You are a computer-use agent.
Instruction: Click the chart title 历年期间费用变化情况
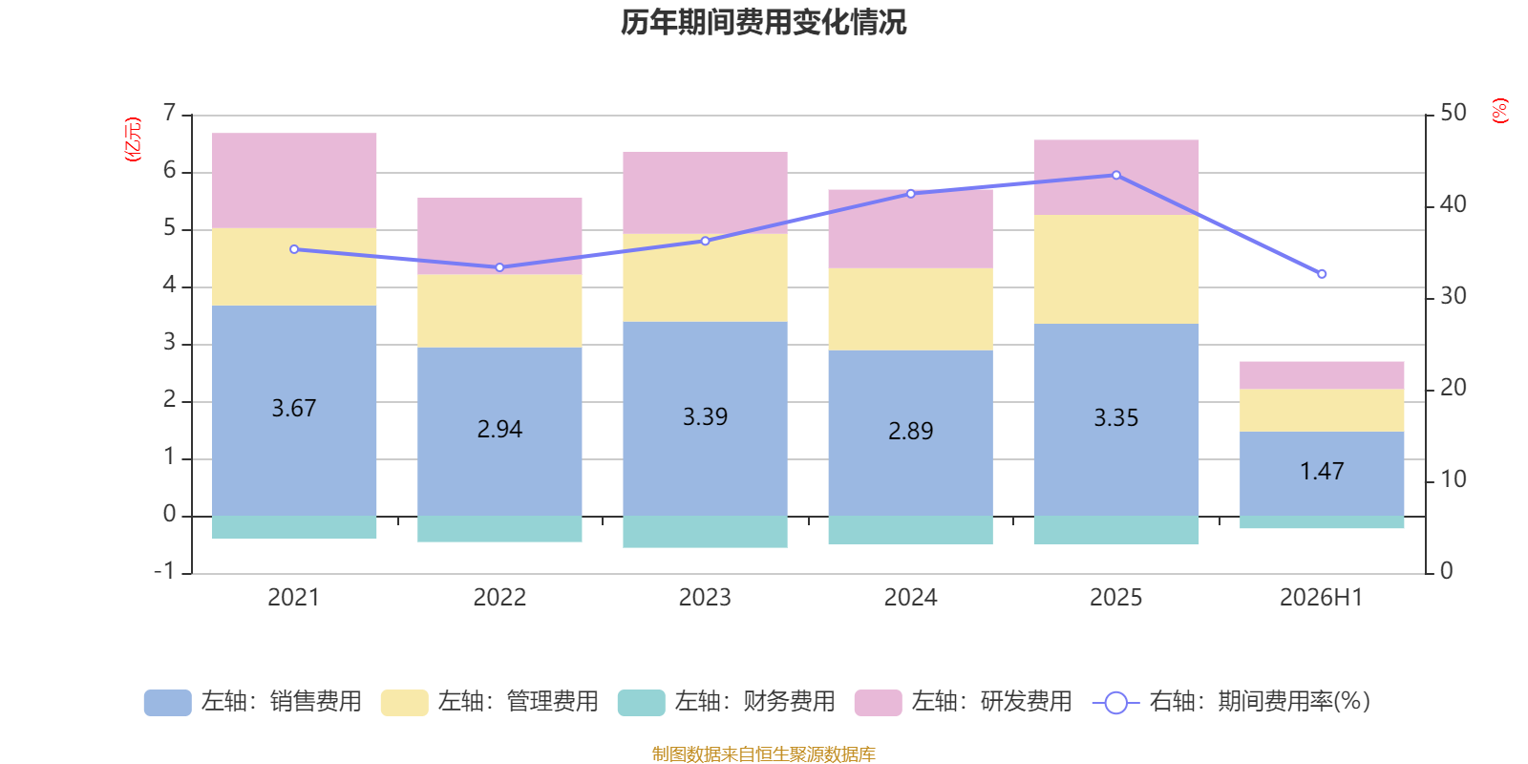tap(763, 23)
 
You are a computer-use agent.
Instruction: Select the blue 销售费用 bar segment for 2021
tap(294, 411)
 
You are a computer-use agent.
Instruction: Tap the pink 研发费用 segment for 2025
tap(1116, 178)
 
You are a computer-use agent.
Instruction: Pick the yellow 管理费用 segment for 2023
tap(706, 278)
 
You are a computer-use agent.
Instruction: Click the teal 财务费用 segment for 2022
tap(499, 529)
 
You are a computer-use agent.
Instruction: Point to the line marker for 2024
tap(911, 194)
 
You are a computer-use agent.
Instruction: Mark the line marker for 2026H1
tap(1322, 274)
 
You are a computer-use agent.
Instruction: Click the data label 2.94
tap(499, 429)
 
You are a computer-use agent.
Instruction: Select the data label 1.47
tap(1322, 472)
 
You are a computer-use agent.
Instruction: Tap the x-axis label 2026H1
tap(1322, 598)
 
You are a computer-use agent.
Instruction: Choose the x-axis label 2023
tap(705, 598)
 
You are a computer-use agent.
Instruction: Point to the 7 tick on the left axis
tap(169, 113)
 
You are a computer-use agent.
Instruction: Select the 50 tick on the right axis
tap(1453, 113)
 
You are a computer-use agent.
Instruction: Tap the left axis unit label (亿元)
tap(133, 139)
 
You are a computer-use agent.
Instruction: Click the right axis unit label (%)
tap(1499, 111)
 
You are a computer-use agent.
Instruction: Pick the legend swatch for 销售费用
tap(168, 703)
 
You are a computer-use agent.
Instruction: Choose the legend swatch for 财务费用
tap(641, 703)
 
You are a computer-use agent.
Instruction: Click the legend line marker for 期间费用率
tap(1116, 703)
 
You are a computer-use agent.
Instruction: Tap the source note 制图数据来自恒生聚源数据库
tap(763, 753)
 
